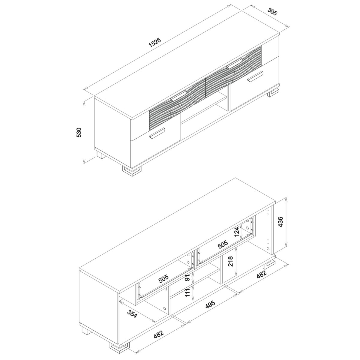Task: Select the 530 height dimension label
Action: tap(79, 133)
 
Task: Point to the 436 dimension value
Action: tap(280, 222)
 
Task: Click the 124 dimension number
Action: tap(237, 232)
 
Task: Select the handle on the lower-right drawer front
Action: tap(255, 76)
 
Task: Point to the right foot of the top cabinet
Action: tap(274, 93)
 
